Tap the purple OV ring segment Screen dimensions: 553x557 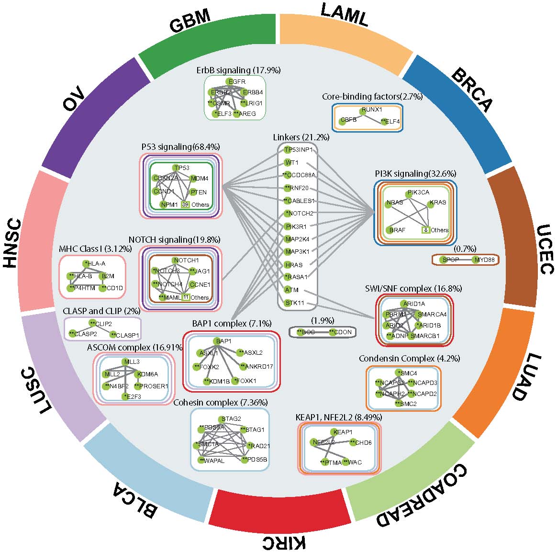click(91, 110)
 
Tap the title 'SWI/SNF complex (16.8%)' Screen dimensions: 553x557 click(413, 288)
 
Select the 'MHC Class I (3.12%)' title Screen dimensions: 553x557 click(93, 249)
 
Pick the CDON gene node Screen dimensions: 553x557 click(332, 332)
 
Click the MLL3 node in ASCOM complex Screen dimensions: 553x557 click(124, 362)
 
